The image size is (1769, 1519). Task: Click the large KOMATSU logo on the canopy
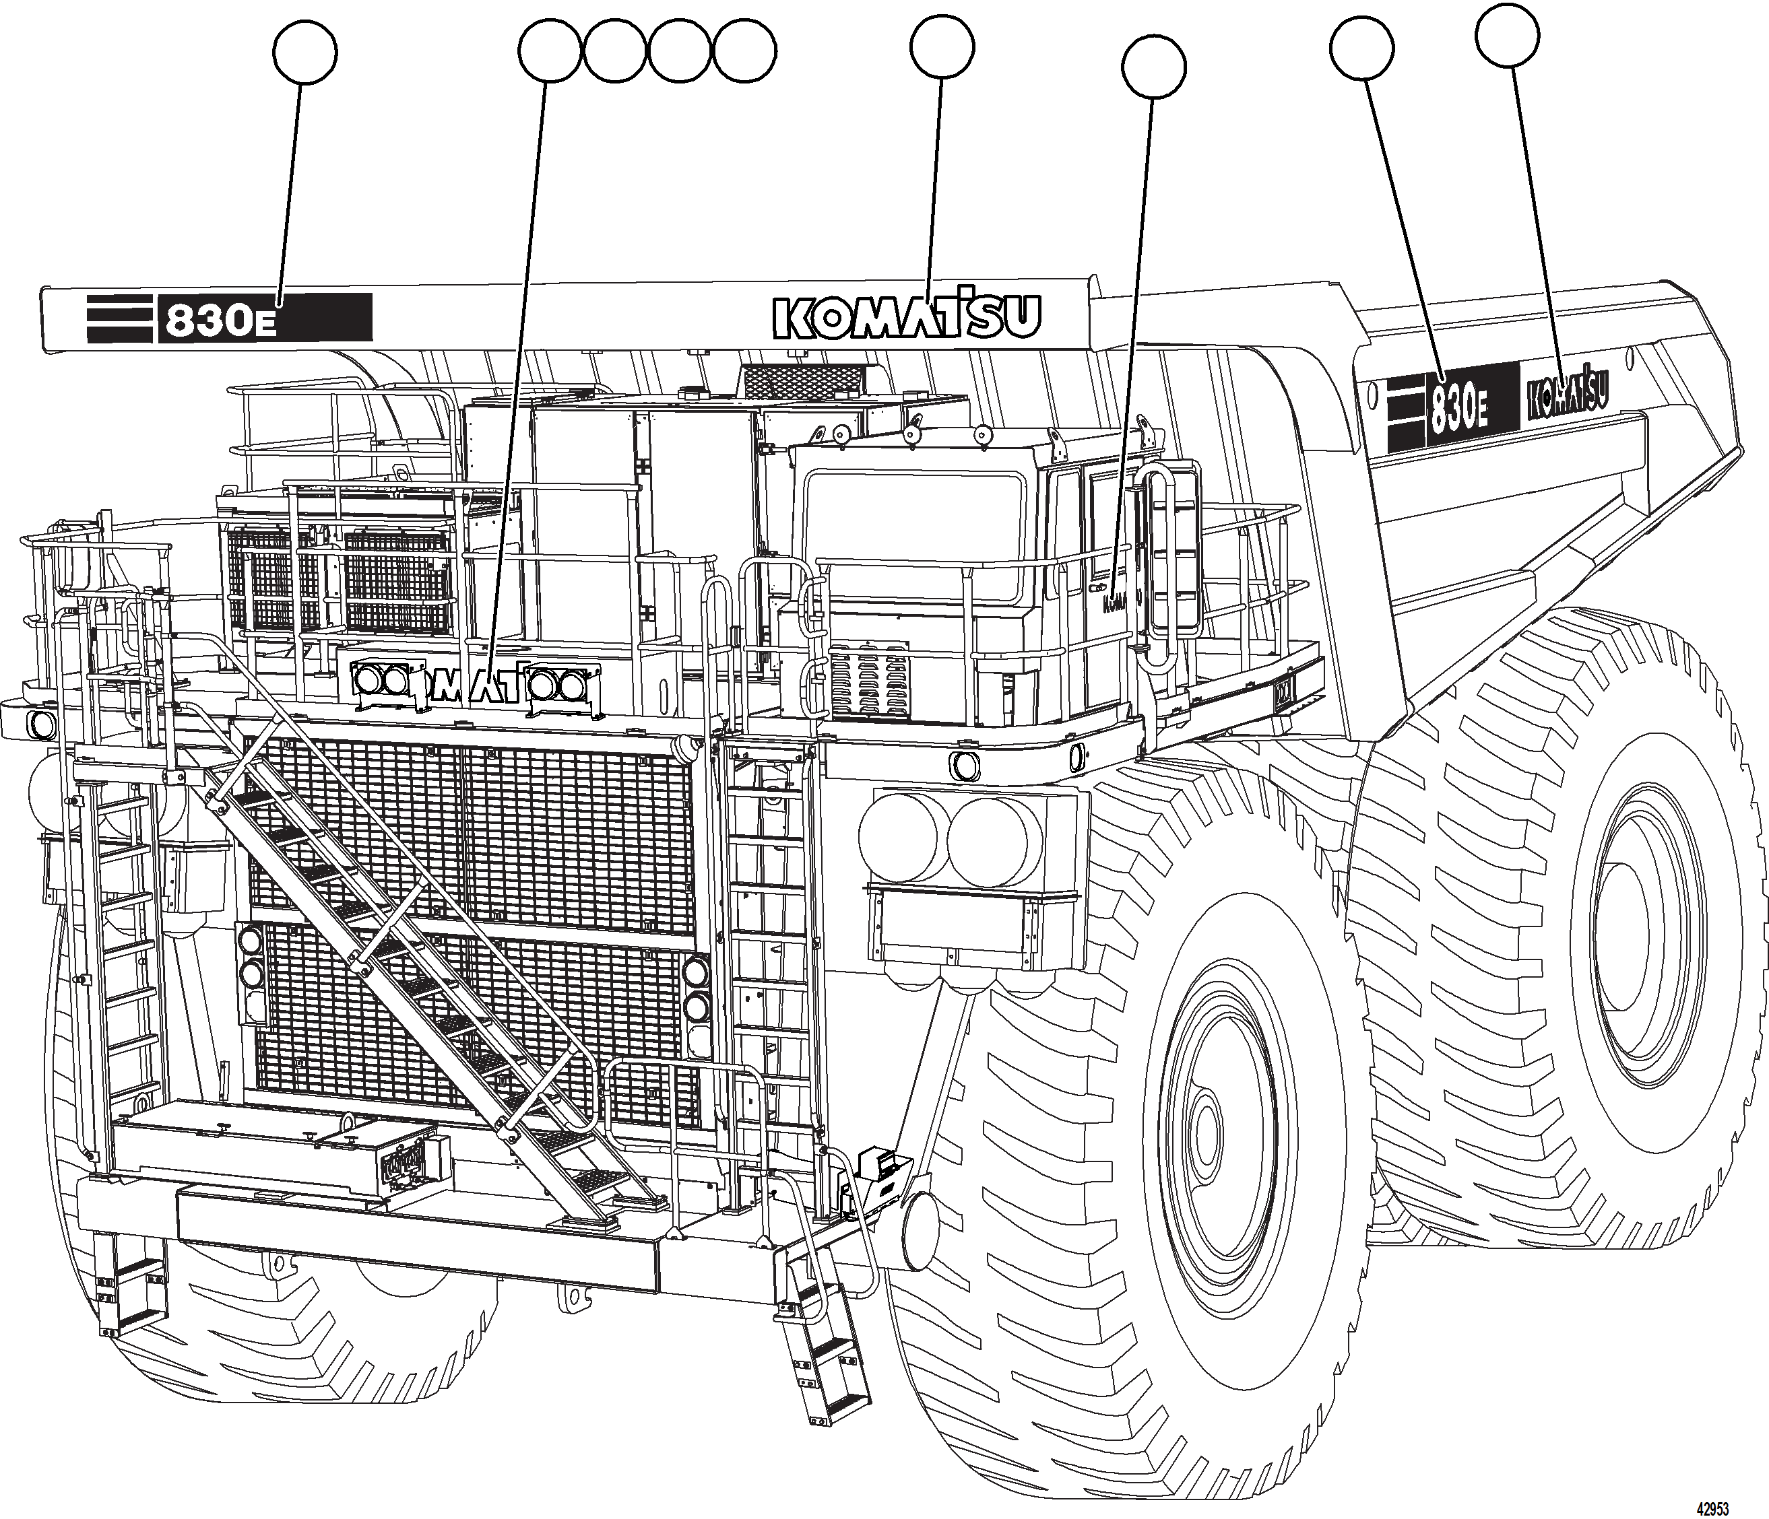(x=907, y=316)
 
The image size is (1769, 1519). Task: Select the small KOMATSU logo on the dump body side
(x=1568, y=395)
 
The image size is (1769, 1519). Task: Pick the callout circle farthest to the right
(x=1508, y=35)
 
